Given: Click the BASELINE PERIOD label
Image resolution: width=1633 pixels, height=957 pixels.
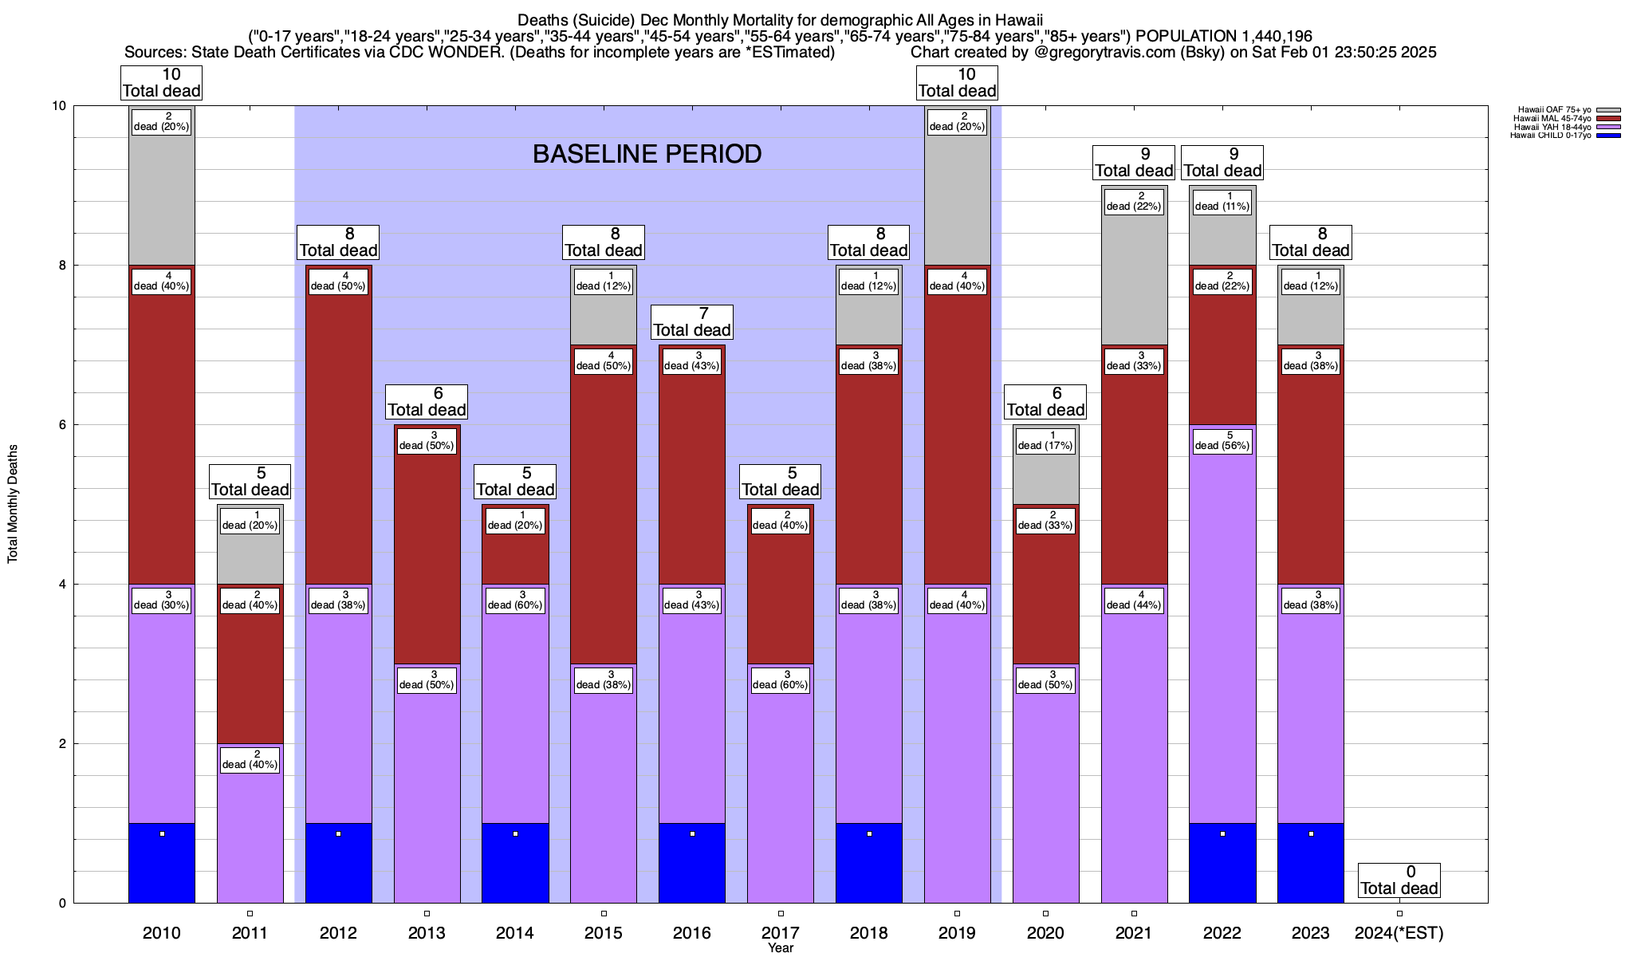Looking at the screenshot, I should click(647, 154).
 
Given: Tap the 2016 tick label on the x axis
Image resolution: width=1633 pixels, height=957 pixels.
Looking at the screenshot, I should click(691, 933).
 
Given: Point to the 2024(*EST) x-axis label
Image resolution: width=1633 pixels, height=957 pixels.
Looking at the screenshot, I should click(1399, 933).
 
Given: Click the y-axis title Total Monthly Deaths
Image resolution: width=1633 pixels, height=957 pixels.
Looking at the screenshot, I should click(13, 504).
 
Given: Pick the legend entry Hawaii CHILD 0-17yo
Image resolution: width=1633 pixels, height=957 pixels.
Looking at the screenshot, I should click(1550, 136).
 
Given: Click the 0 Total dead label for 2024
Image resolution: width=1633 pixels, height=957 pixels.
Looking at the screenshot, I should click(1399, 880).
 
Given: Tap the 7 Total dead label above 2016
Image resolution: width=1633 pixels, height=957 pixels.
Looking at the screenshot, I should click(691, 322).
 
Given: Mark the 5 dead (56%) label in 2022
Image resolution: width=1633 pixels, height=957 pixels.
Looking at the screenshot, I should click(1222, 441).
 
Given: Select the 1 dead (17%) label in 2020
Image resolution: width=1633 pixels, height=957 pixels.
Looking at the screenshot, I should click(1045, 441).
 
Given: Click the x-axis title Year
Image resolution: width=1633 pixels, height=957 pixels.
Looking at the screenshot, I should click(780, 948).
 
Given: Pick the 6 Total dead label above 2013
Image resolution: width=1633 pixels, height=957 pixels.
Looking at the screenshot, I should click(427, 402).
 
